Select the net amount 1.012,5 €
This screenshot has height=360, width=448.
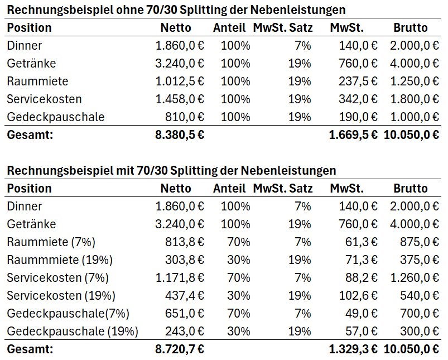pyautogui.click(x=180, y=81)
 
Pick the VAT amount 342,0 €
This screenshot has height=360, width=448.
pyautogui.click(x=358, y=99)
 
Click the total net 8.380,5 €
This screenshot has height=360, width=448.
pyautogui.click(x=180, y=135)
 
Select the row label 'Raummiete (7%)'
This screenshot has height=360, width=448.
pyautogui.click(x=51, y=242)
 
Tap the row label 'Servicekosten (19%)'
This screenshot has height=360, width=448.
pyautogui.click(x=61, y=296)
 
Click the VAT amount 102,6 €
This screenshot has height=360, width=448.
pyautogui.click(x=358, y=296)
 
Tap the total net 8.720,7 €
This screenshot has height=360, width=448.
pyautogui.click(x=180, y=350)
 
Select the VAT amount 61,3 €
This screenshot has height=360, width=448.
pyautogui.click(x=361, y=242)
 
